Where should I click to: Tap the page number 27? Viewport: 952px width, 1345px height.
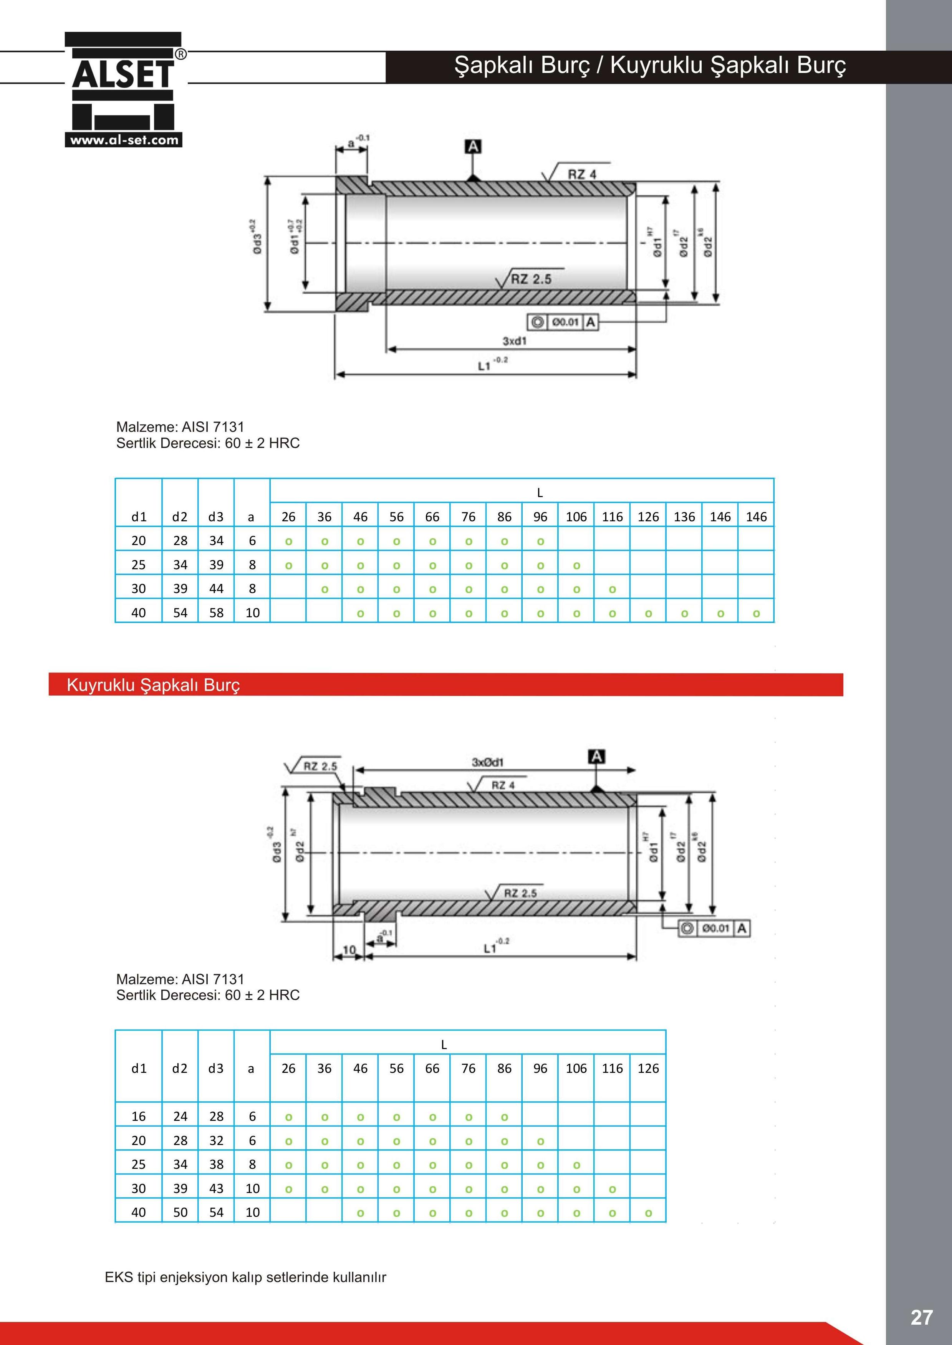pyautogui.click(x=921, y=1317)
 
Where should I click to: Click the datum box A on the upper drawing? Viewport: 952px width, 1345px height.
pyautogui.click(x=472, y=147)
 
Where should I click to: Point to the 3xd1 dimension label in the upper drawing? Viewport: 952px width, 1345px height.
pyautogui.click(x=514, y=341)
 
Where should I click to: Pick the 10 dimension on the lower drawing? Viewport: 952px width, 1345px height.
pyautogui.click(x=349, y=950)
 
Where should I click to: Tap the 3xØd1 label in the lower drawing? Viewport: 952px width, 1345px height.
pyautogui.click(x=488, y=762)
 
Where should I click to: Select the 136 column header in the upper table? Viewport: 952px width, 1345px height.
pyautogui.click(x=684, y=517)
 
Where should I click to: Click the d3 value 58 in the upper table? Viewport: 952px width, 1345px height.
pyautogui.click(x=216, y=613)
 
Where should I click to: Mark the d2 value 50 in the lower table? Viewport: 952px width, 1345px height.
pyautogui.click(x=180, y=1212)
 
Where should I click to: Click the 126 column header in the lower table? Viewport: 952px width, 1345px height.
pyautogui.click(x=648, y=1069)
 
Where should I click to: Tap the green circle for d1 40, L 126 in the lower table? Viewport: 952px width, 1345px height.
pyautogui.click(x=648, y=1213)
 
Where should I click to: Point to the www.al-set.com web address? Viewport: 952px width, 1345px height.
pyautogui.click(x=124, y=140)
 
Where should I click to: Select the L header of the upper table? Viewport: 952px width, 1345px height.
pyautogui.click(x=540, y=492)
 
